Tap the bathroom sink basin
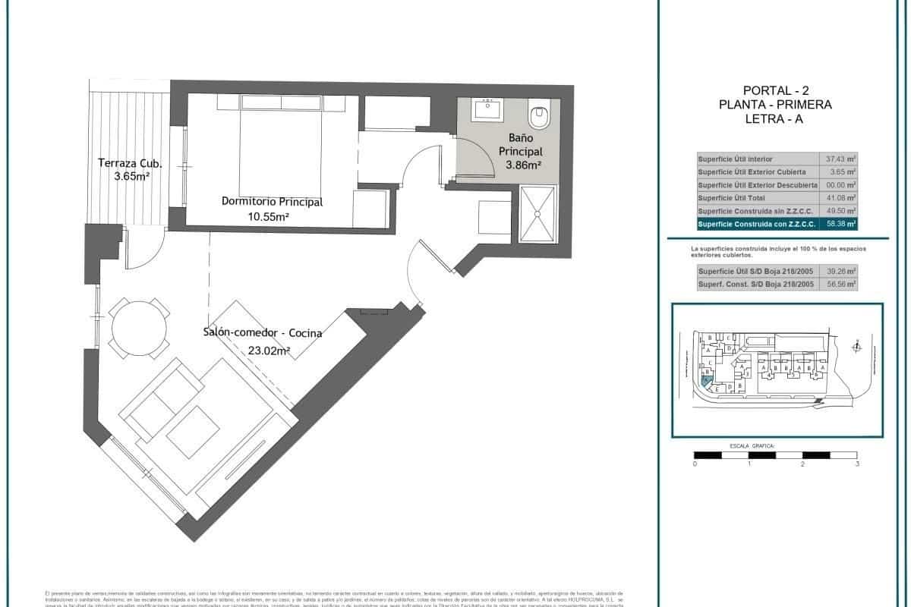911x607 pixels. pyautogui.click(x=486, y=111)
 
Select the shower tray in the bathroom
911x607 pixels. pyautogui.click(x=537, y=215)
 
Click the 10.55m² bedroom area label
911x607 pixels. pyautogui.click(x=271, y=216)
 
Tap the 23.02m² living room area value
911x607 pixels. pyautogui.click(x=269, y=350)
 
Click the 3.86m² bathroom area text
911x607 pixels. pyautogui.click(x=519, y=165)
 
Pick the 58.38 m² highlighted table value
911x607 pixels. pyautogui.click(x=840, y=224)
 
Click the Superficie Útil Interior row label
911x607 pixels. pyautogui.click(x=736, y=159)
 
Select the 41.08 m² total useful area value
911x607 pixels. pyautogui.click(x=840, y=198)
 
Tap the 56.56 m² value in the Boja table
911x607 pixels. pyautogui.click(x=840, y=284)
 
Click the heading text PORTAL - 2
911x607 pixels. pyautogui.click(x=775, y=90)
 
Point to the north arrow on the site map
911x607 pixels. pyautogui.click(x=856, y=347)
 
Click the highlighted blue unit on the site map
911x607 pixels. pyautogui.click(x=707, y=382)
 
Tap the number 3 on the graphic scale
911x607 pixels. pyautogui.click(x=857, y=464)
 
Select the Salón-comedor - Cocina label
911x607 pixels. pyautogui.click(x=262, y=333)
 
